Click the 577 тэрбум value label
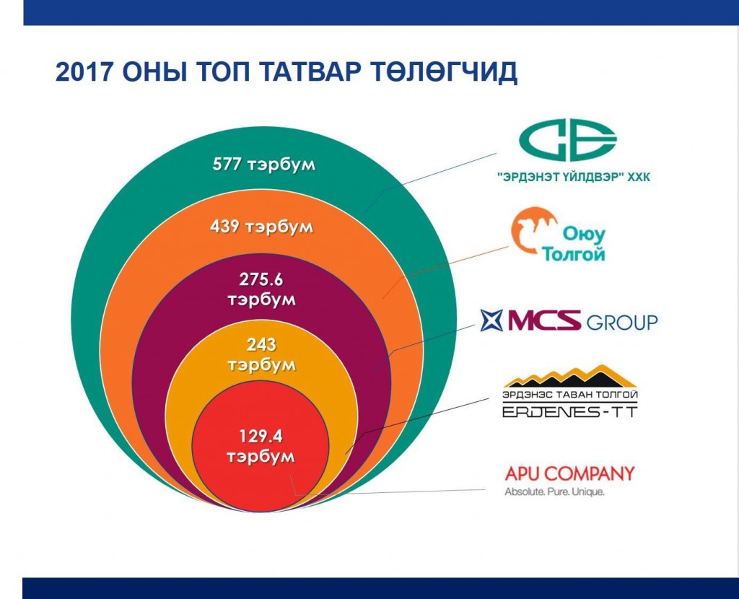(264, 165)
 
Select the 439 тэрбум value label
(261, 227)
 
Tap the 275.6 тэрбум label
(261, 289)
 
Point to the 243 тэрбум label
(261, 354)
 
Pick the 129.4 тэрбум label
(261, 446)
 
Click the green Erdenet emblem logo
(568, 141)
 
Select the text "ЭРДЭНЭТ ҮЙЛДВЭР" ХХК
(574, 177)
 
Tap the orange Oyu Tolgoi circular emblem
(535, 230)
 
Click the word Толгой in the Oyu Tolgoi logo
(574, 255)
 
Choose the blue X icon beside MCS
(492, 320)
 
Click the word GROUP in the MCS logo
(621, 323)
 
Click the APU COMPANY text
(570, 473)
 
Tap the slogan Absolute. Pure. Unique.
(554, 492)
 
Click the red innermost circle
(261, 445)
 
